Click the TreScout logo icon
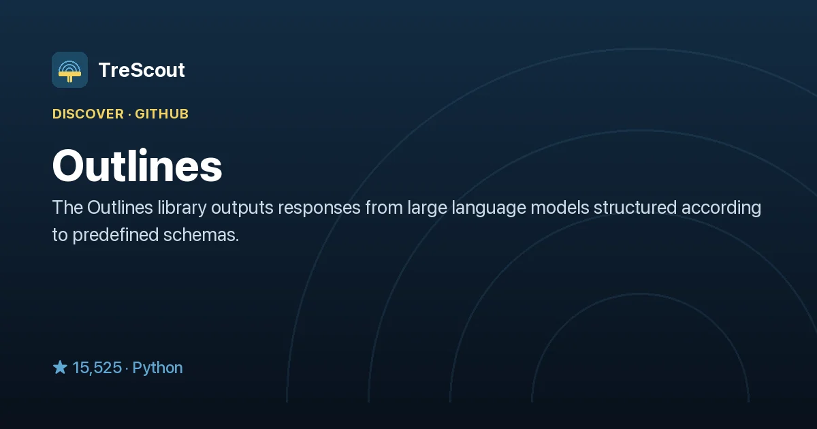69,69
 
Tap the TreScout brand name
142,70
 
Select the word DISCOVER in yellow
89,114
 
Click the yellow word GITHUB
161,114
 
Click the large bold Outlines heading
137,165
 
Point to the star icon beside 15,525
60,367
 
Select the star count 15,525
97,368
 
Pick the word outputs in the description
242,208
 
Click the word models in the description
560,208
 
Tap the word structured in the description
635,208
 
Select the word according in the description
722,208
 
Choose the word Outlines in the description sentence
120,208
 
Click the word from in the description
384,208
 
